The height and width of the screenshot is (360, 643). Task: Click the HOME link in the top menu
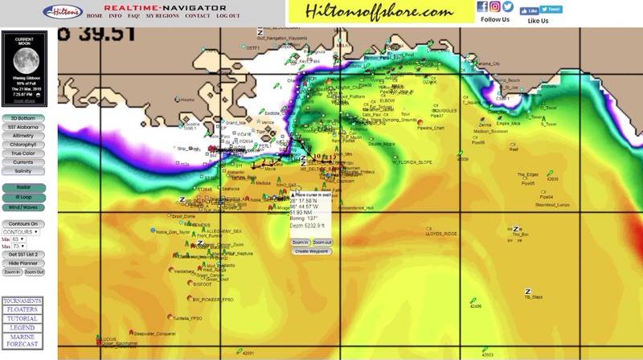(x=94, y=15)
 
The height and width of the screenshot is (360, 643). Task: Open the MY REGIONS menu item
(x=163, y=15)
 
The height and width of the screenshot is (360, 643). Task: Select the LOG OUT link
(x=227, y=15)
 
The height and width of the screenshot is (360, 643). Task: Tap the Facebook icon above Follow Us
(x=482, y=6)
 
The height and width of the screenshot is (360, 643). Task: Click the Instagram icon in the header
(x=495, y=6)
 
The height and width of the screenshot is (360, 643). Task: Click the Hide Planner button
(x=23, y=263)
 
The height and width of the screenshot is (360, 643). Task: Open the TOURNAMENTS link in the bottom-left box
(x=22, y=301)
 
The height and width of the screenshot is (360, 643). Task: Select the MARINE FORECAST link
(x=22, y=341)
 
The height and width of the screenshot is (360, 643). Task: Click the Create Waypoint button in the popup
(x=313, y=251)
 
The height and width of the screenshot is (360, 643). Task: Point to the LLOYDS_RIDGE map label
(x=441, y=234)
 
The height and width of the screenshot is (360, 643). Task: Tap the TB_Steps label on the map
(x=533, y=297)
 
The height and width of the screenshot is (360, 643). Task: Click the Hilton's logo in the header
(x=62, y=12)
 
